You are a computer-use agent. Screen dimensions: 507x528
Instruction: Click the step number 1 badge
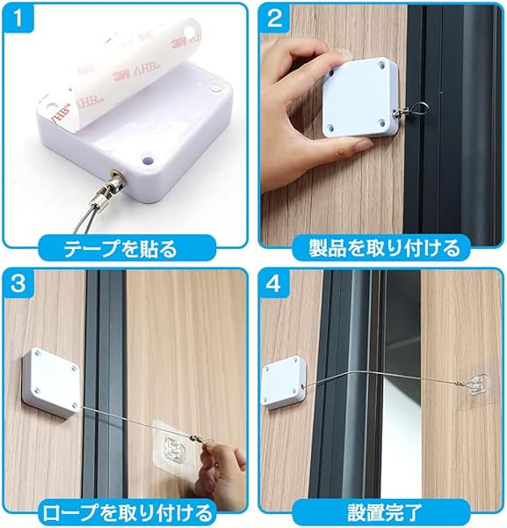[x=18, y=18]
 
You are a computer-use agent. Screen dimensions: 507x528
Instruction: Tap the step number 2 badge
[x=274, y=18]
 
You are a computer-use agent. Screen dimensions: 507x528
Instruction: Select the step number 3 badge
[x=18, y=283]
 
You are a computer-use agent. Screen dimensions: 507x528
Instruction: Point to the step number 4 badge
[x=274, y=283]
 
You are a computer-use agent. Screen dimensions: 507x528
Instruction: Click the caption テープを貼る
[x=120, y=249]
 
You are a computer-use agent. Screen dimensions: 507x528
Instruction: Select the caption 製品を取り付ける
[x=384, y=248]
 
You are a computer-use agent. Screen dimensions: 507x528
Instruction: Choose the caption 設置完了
[x=384, y=513]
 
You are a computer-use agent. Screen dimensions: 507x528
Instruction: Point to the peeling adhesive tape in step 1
[x=121, y=74]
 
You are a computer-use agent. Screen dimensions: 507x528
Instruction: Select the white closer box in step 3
[x=51, y=383]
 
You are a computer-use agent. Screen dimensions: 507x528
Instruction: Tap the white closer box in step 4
[x=285, y=383]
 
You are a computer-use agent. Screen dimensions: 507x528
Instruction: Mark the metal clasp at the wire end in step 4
[x=460, y=383]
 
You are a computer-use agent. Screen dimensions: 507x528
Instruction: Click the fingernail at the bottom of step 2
[x=364, y=145]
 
